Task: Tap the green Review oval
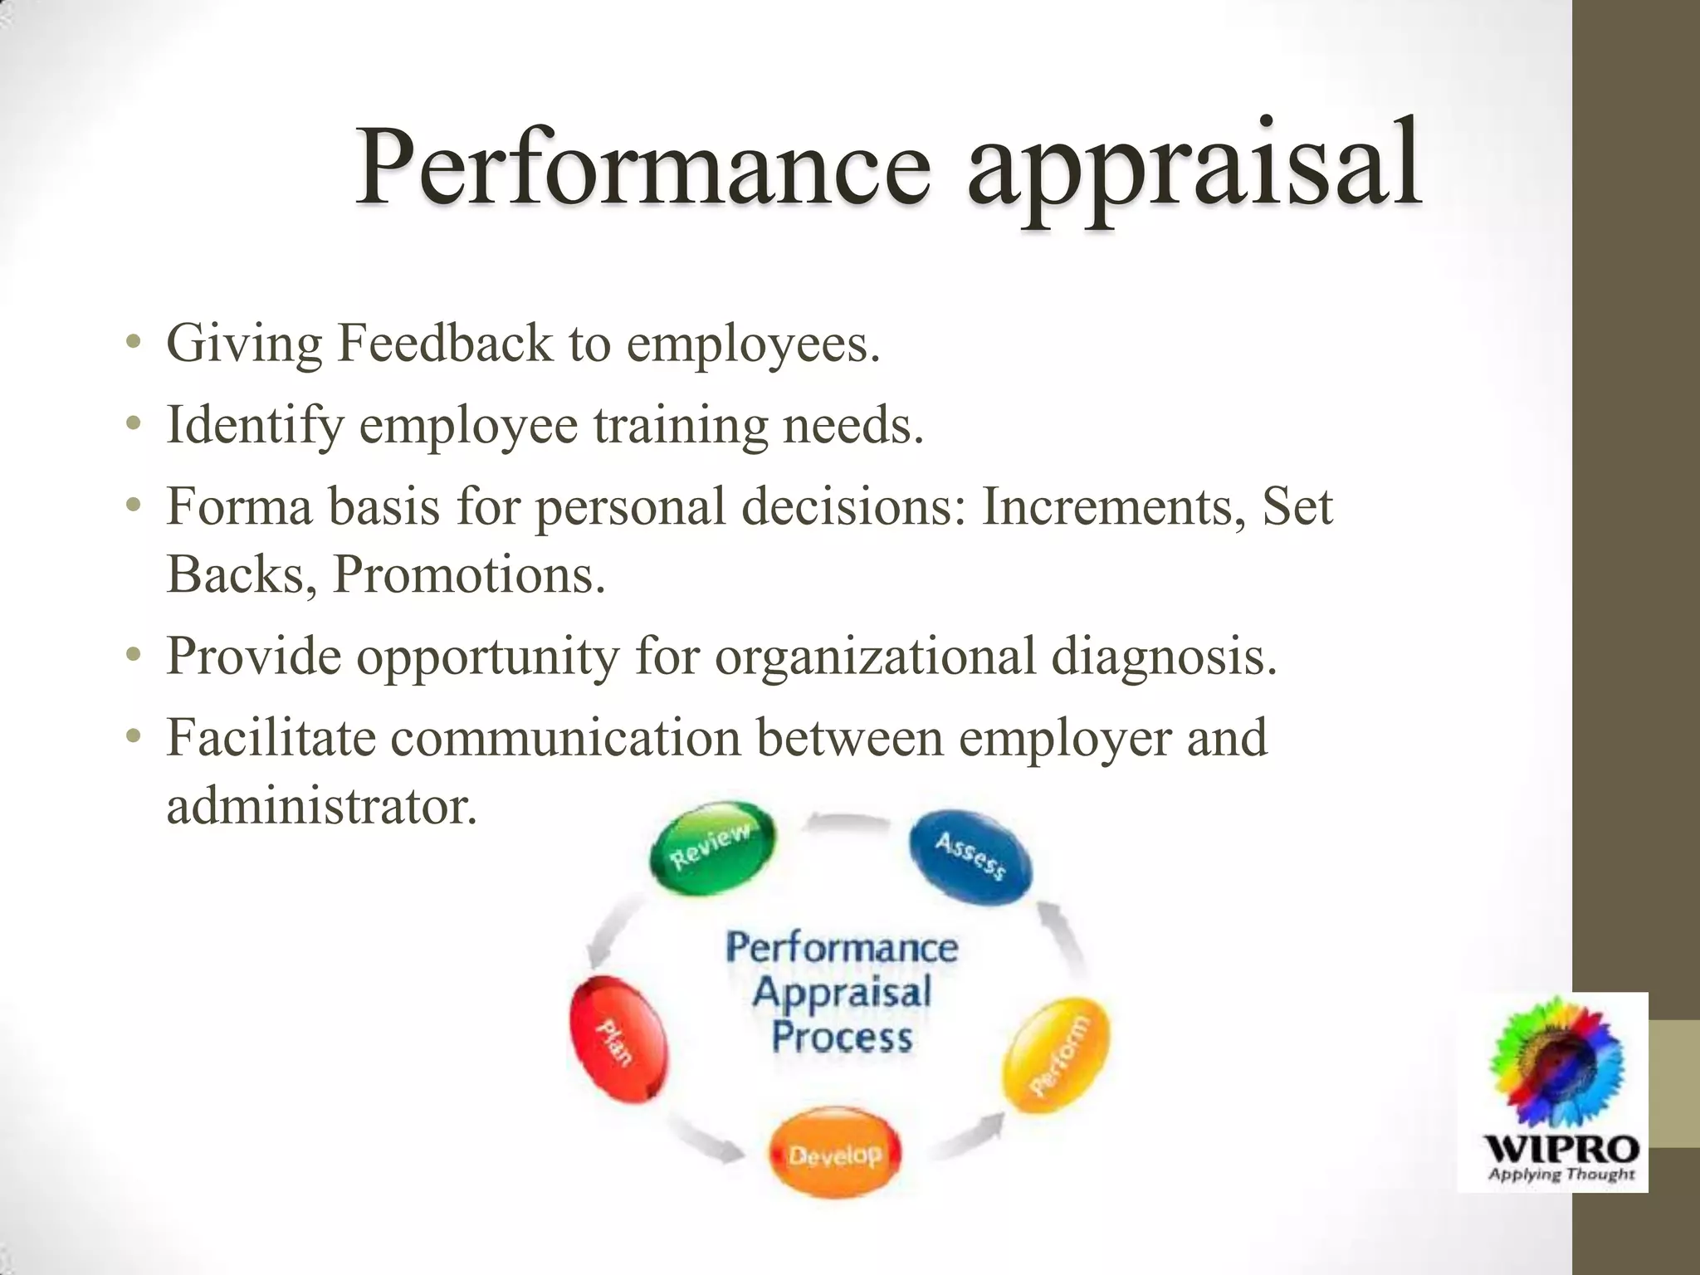711,847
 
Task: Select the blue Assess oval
971,857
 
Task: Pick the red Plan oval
618,1041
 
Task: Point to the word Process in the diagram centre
842,1038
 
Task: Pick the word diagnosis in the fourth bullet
1163,656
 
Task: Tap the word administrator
321,805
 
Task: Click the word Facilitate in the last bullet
271,737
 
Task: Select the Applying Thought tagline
1561,1175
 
